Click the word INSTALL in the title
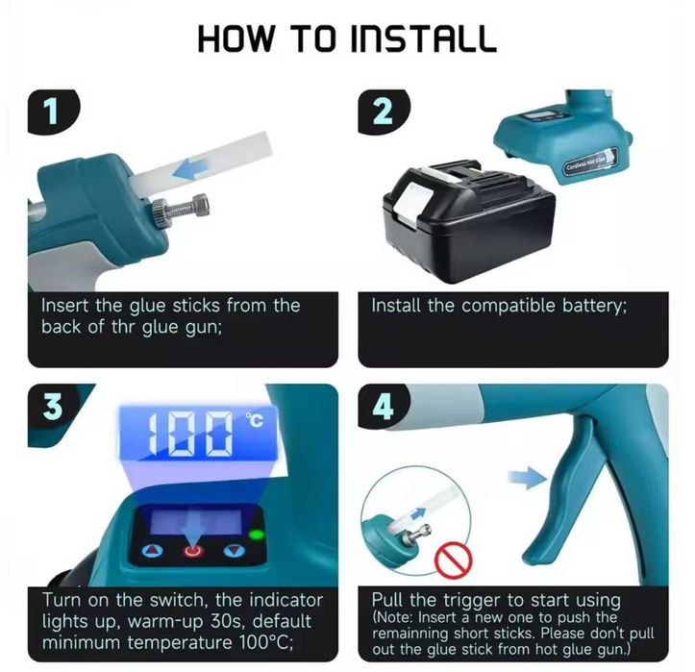point(423,38)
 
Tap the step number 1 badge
point(53,112)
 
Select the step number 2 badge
point(383,112)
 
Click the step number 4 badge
point(384,408)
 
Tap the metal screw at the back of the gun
point(180,207)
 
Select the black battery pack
point(468,221)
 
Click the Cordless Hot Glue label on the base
point(591,161)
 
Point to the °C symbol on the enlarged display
point(255,420)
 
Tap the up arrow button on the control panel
point(152,551)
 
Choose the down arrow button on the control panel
point(235,551)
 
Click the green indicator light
point(257,535)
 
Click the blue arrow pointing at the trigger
point(528,478)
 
